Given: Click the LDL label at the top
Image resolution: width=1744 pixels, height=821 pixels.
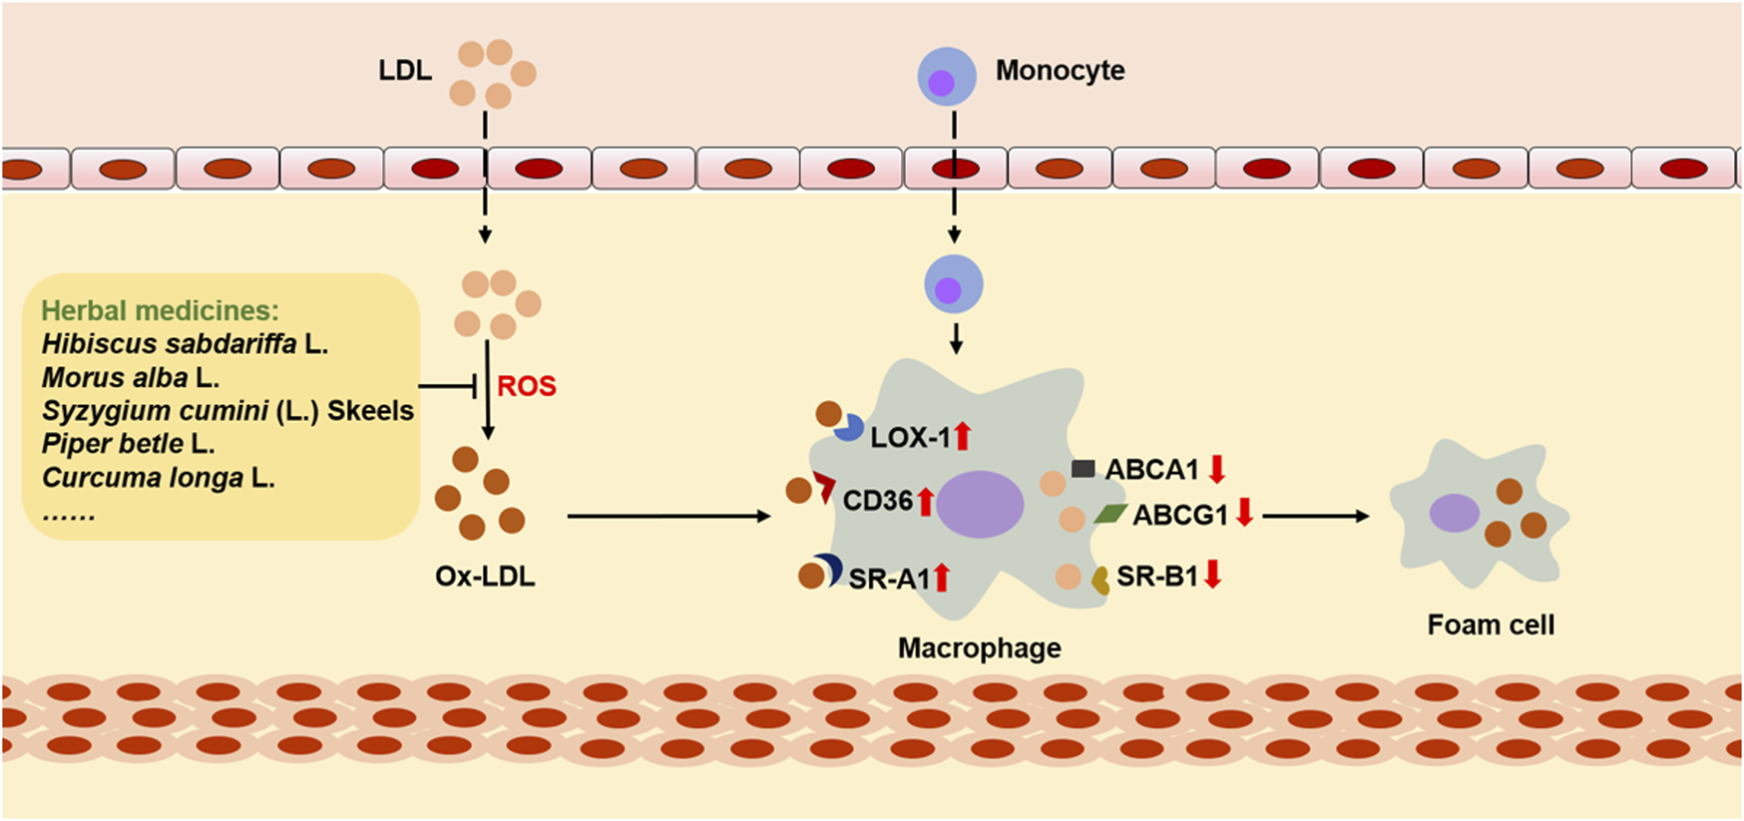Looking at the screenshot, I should (x=405, y=71).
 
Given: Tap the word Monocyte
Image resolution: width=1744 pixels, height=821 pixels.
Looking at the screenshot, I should (x=1060, y=71).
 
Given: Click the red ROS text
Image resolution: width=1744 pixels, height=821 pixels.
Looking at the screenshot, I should (x=527, y=386).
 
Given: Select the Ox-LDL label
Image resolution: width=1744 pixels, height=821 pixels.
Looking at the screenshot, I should (x=485, y=577).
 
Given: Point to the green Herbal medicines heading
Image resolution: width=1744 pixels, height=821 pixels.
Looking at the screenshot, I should (x=160, y=311).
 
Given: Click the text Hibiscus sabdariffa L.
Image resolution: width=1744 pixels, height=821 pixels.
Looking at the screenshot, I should (x=185, y=344).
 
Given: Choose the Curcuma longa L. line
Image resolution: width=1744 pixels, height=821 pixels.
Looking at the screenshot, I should (x=158, y=478).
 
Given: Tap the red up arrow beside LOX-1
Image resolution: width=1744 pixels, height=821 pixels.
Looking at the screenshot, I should (x=962, y=436).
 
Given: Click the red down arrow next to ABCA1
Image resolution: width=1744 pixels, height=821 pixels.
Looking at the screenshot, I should (x=1216, y=468).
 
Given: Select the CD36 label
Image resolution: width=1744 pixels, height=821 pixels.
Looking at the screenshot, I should (x=877, y=501).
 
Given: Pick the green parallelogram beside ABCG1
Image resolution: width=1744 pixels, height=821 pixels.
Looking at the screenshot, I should (x=1110, y=514).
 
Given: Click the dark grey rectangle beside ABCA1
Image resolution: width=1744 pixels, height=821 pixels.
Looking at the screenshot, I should (x=1083, y=468).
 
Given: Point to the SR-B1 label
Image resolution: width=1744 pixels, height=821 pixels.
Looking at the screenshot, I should (x=1156, y=577).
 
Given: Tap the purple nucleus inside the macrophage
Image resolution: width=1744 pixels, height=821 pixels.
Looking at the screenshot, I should (x=980, y=505).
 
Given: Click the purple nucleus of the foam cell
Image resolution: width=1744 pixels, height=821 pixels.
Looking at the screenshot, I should (x=1454, y=513).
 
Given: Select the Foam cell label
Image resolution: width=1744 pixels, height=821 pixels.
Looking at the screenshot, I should (x=1491, y=625).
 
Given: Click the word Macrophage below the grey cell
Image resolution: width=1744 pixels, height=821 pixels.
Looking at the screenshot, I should (x=979, y=648).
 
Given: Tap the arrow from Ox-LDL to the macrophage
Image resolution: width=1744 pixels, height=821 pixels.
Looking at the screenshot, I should (x=668, y=516).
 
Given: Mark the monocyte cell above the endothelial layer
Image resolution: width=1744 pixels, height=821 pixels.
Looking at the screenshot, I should (x=946, y=77).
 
